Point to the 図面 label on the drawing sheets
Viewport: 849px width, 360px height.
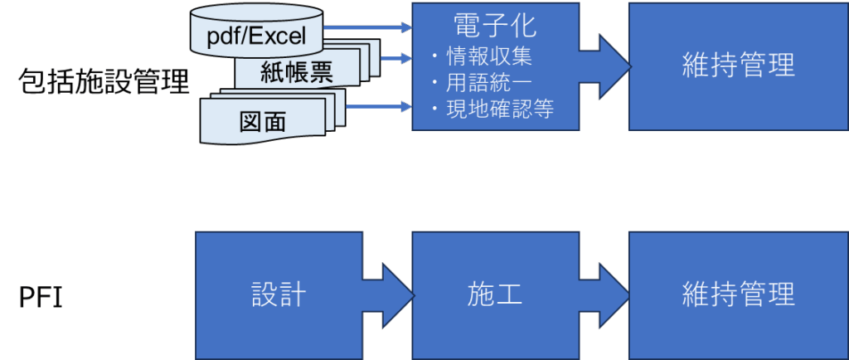(x=262, y=121)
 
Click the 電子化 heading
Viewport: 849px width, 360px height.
(x=496, y=25)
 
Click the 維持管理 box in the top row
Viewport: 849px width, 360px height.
(x=738, y=65)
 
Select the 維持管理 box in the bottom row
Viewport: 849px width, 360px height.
(x=738, y=294)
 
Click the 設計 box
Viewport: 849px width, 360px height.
(x=279, y=294)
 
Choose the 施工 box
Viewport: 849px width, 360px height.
(x=495, y=294)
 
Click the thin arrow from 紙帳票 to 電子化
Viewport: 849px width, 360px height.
(x=396, y=58)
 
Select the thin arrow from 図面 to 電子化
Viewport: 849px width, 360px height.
(x=378, y=106)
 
